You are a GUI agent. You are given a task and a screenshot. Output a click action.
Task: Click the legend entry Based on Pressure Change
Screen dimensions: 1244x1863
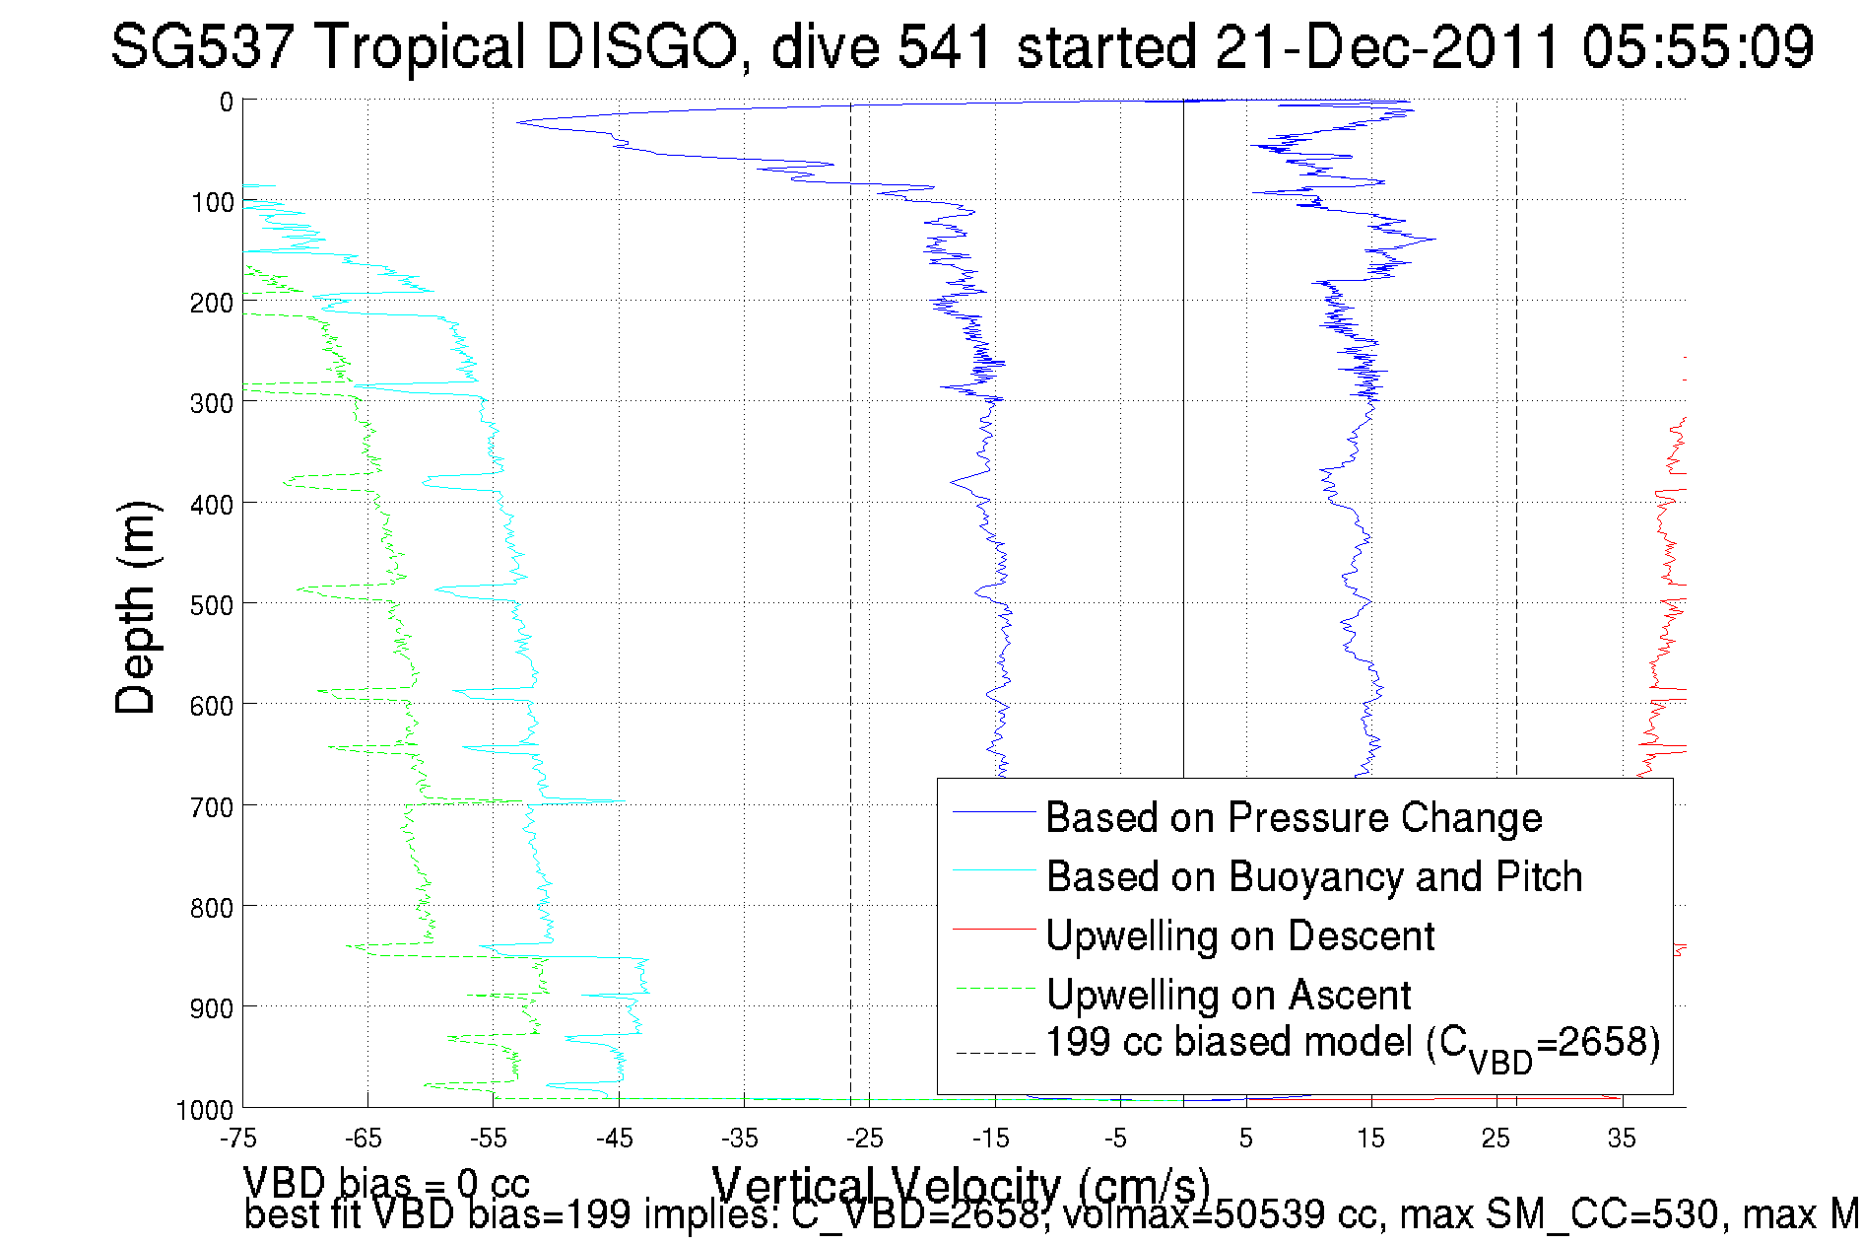(1293, 818)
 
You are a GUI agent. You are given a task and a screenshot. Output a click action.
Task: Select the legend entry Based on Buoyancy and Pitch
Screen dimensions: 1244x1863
(1313, 877)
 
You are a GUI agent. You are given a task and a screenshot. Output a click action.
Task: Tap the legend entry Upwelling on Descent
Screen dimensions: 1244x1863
(1239, 936)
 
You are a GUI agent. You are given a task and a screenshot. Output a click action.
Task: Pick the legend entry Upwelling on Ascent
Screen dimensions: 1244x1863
(1228, 996)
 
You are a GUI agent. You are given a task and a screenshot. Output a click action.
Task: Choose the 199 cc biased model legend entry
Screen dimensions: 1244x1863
(1352, 1045)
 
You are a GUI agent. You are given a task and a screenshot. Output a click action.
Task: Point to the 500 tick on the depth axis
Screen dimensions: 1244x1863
(212, 605)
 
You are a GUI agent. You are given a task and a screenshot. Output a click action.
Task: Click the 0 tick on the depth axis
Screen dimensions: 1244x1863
(227, 102)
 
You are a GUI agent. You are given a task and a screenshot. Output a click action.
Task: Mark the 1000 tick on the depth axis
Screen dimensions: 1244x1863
(205, 1110)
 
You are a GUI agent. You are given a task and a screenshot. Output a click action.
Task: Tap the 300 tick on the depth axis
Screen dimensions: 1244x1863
(212, 403)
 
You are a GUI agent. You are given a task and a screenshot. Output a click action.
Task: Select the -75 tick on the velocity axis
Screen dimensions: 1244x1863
(238, 1139)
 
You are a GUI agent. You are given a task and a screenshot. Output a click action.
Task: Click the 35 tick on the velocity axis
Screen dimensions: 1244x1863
(1622, 1139)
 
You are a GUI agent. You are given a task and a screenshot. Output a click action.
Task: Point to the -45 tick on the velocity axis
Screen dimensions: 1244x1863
(615, 1139)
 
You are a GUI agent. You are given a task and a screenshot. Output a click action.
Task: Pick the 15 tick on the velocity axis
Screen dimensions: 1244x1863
(1370, 1139)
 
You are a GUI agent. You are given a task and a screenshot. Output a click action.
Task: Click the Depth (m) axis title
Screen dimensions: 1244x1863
(136, 607)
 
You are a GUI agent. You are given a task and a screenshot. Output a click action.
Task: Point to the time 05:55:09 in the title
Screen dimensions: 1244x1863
(1697, 46)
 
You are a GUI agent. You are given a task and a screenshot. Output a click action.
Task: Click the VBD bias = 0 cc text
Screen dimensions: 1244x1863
(386, 1182)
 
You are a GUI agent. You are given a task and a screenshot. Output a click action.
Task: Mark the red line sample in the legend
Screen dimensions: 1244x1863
(994, 929)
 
